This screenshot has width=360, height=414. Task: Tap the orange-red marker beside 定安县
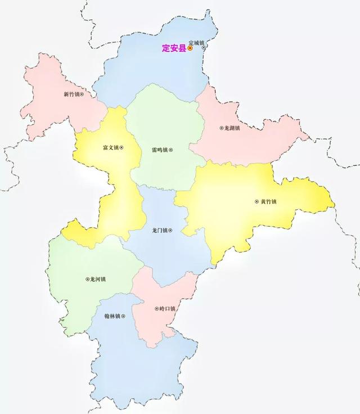coord(190,48)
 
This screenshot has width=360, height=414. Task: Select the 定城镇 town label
coord(197,42)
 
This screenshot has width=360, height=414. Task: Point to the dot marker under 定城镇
coord(204,48)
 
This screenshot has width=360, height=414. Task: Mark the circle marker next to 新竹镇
coord(82,94)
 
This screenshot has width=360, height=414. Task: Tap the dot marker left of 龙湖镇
coord(221,128)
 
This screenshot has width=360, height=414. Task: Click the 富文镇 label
coord(110,148)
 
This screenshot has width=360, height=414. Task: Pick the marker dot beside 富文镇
coord(121,148)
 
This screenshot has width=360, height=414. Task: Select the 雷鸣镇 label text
coord(160,150)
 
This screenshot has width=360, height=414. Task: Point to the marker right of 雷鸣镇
coord(171,150)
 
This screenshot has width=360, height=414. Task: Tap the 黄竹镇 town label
coord(269,202)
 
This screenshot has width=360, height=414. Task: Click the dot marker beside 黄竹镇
coord(258,202)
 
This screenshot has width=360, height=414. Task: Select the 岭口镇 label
coord(168,308)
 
